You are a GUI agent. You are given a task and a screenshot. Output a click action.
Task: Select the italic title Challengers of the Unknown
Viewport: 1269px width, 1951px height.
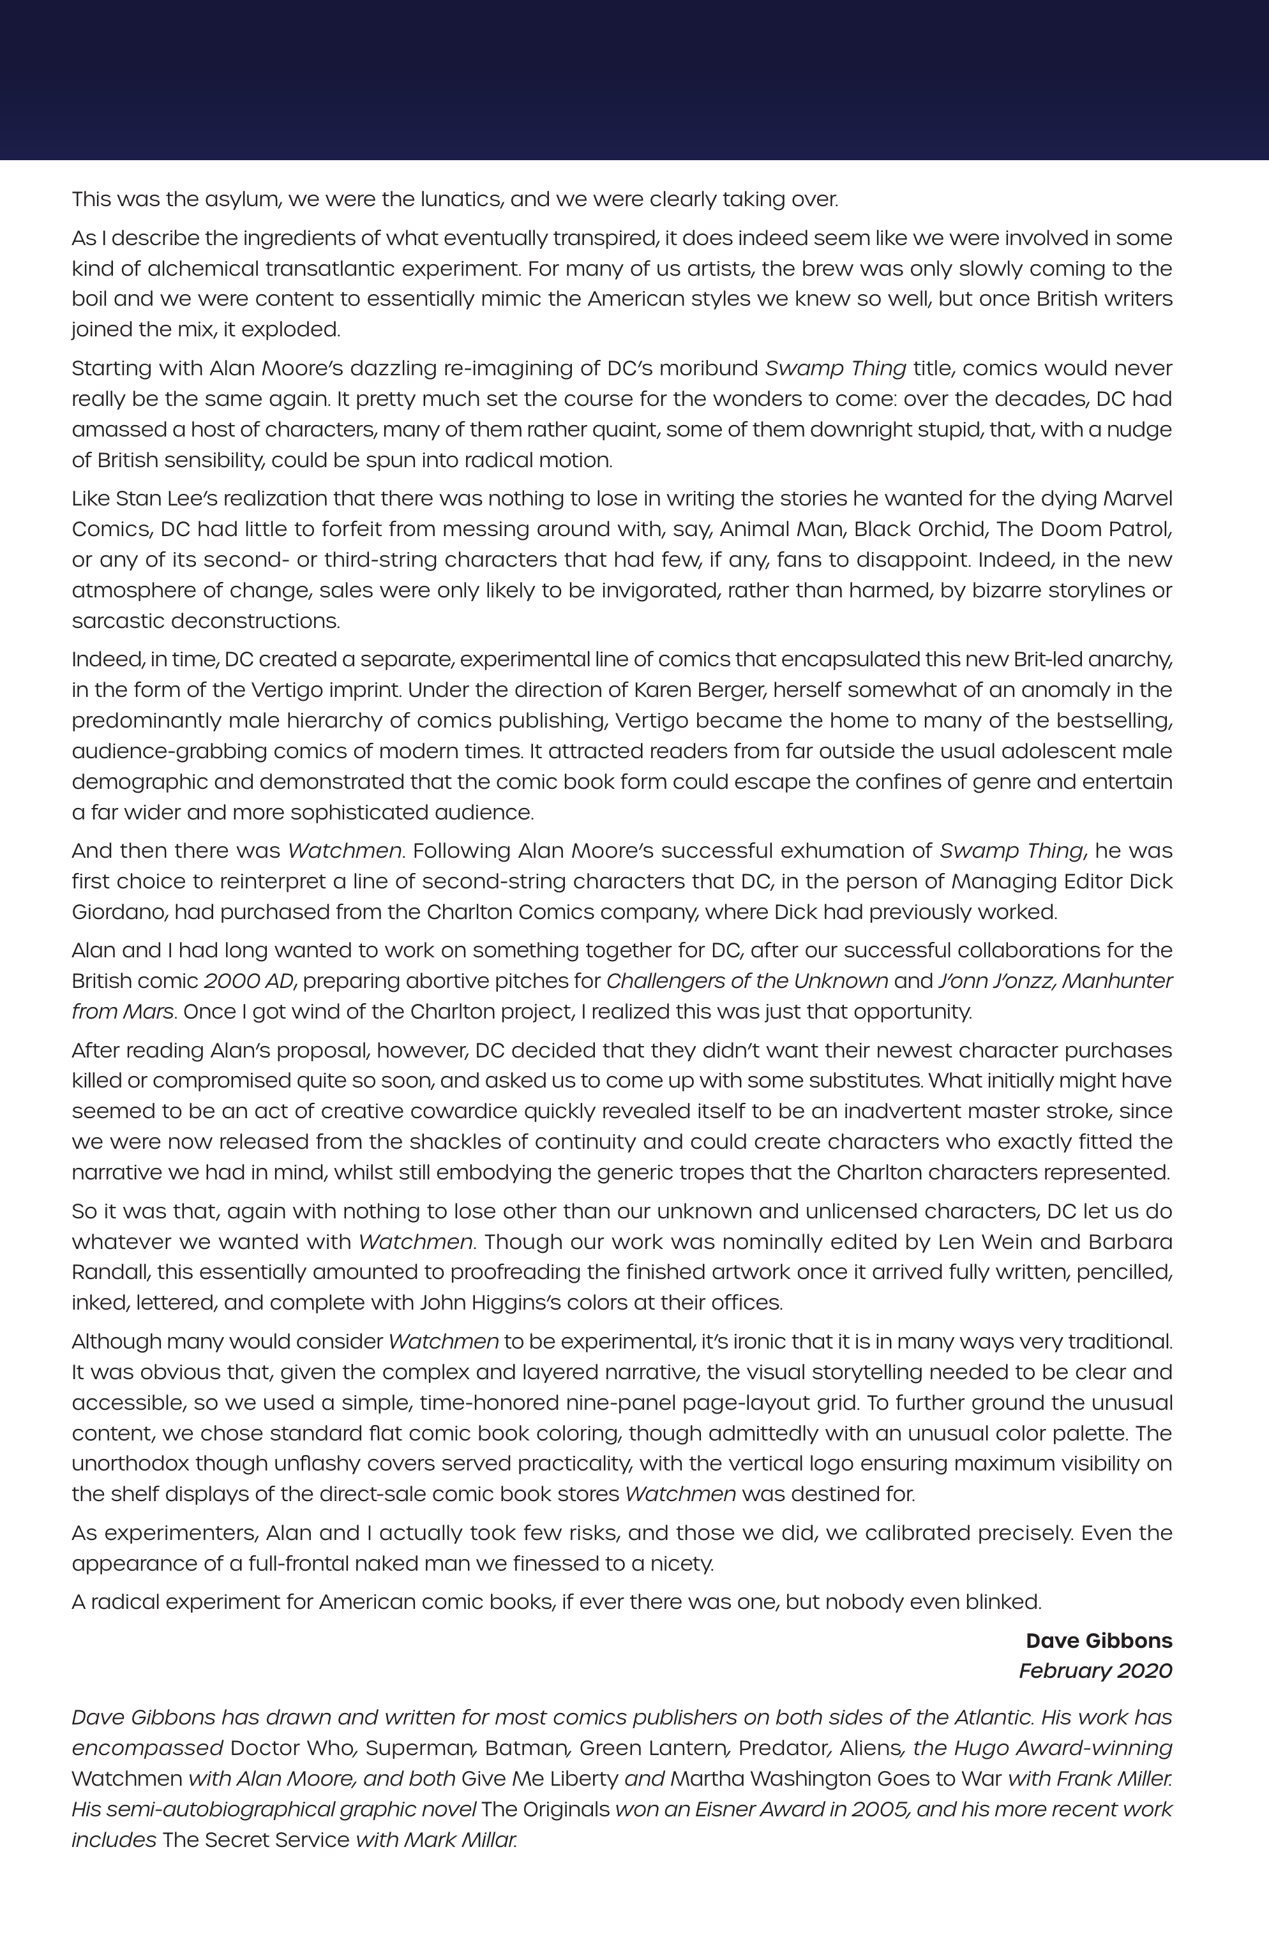point(746,980)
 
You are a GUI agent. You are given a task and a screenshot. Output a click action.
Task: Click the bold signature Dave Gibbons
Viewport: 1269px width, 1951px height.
point(1099,1640)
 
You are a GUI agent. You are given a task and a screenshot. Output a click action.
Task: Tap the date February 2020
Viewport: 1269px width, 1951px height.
point(1095,1671)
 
